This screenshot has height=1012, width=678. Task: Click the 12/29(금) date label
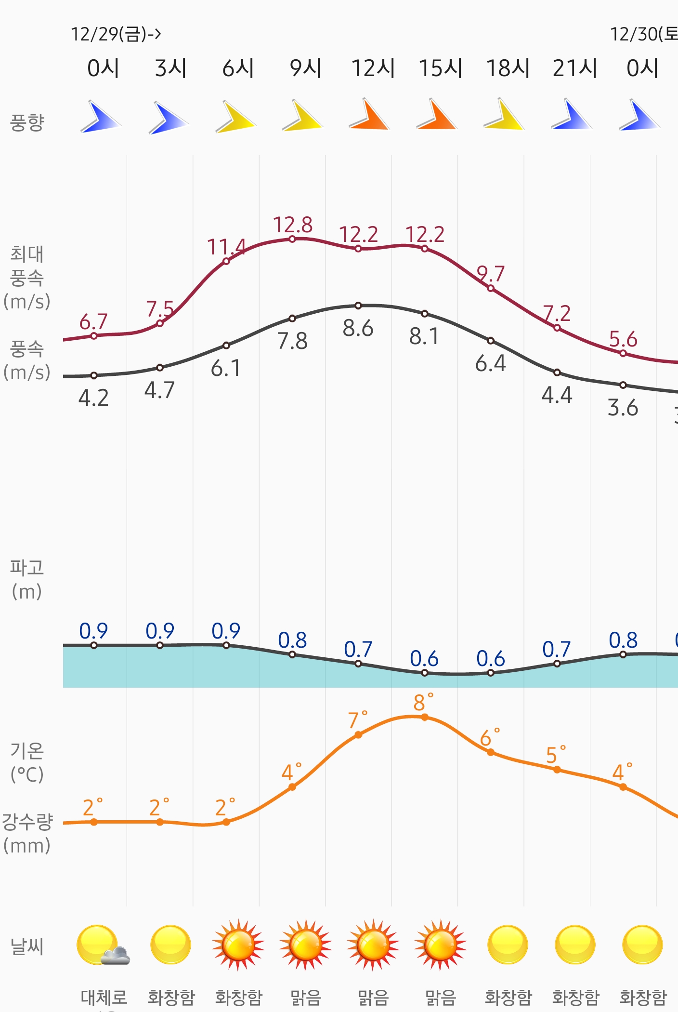116,34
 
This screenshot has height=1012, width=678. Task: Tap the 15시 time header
441,68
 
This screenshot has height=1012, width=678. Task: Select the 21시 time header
575,68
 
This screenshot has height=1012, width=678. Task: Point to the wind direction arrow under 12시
369,116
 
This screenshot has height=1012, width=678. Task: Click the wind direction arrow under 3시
168,118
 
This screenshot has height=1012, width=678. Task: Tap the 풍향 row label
27,122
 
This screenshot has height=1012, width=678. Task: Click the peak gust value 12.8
293,225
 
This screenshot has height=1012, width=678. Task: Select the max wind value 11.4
226,247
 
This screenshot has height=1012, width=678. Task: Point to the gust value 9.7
491,274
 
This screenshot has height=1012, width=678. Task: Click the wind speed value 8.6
358,328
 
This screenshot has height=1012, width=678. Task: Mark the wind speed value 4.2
93,398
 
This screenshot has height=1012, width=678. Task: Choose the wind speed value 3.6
623,408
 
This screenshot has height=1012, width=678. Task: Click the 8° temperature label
420,703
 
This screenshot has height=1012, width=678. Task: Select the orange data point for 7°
358,735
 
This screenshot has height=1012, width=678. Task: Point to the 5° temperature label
553,755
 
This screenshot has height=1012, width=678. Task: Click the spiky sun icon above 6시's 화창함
238,945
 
